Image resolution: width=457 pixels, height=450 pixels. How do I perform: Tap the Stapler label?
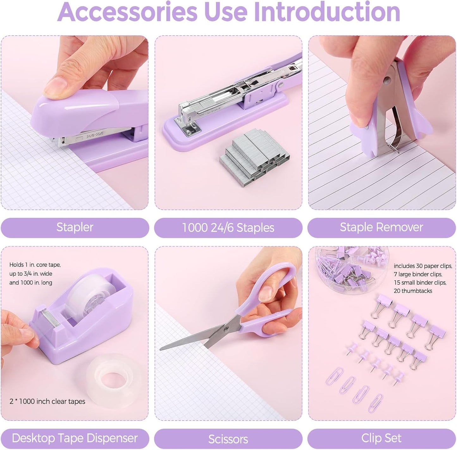point(75,227)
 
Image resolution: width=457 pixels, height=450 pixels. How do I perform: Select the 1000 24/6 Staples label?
point(228,228)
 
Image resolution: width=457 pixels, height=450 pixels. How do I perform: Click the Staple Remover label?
point(381,227)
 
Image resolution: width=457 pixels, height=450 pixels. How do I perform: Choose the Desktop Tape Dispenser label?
point(75,438)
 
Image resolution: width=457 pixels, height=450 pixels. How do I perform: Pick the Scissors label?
point(228,439)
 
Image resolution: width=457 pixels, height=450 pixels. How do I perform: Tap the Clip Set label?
point(381,438)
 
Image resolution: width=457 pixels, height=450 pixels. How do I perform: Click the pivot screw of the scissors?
point(226,329)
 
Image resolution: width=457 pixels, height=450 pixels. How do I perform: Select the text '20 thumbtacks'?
point(413,291)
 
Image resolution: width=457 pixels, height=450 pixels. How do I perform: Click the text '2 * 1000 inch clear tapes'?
point(47,401)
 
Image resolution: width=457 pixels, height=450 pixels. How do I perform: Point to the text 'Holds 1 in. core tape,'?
point(35,265)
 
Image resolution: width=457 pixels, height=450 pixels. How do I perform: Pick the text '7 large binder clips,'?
point(418,274)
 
